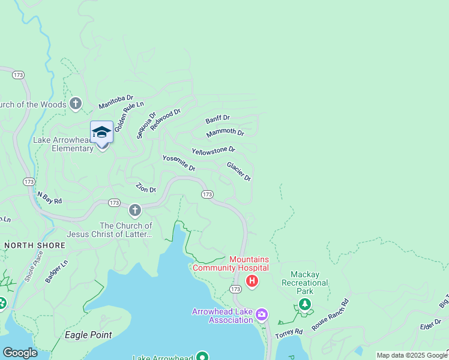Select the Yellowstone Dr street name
pos(213,150)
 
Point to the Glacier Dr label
pos(238,171)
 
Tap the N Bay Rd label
pos(49,197)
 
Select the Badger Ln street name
pos(56,272)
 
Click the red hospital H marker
pos(252,281)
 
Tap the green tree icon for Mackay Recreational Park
pos(305,304)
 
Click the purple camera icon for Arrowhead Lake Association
pos(261,314)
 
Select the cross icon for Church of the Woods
pos(75,104)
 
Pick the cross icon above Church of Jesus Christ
pos(135,211)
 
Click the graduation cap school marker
pos(101,132)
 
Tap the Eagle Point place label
pos(88,335)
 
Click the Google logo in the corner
pos(20,352)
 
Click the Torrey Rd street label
pos(289,332)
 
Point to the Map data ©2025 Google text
pos(412,355)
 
